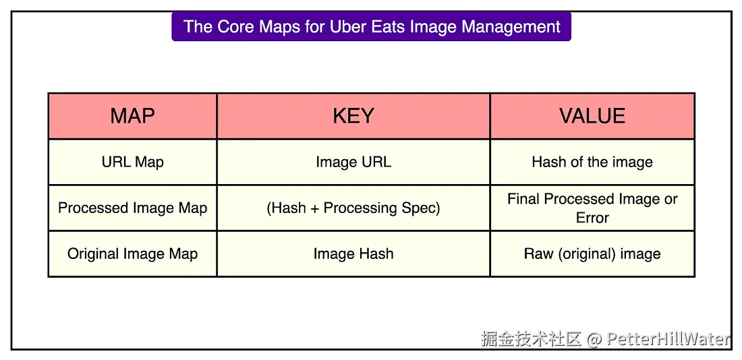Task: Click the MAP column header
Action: pos(132,116)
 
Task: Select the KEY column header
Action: pos(353,116)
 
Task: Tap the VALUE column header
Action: pos(592,116)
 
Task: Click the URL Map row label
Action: pos(132,162)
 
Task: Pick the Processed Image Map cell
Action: pos(132,208)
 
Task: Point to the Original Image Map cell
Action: pos(132,254)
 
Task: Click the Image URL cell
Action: pos(353,162)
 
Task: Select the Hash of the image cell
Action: pos(592,162)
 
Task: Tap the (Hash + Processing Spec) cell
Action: pos(353,208)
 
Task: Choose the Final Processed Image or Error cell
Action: pos(592,208)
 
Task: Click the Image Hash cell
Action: pos(353,254)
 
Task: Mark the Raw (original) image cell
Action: pos(592,254)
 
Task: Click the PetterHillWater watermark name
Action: pos(668,339)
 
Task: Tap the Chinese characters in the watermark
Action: pos(531,339)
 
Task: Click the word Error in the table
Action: pos(592,218)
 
